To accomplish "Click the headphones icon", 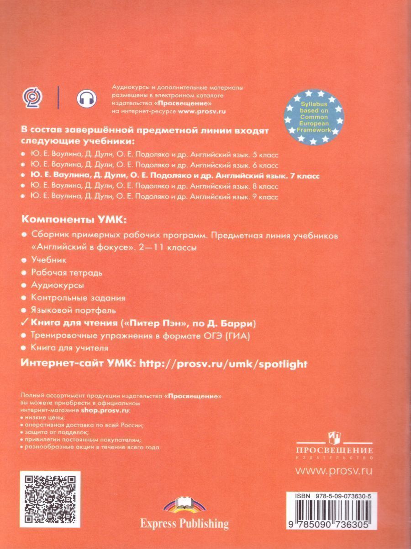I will (84, 97).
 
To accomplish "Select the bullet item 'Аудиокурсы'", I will (58, 285).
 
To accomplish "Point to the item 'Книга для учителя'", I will (69, 348).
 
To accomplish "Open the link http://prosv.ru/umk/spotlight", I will (223, 364).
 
